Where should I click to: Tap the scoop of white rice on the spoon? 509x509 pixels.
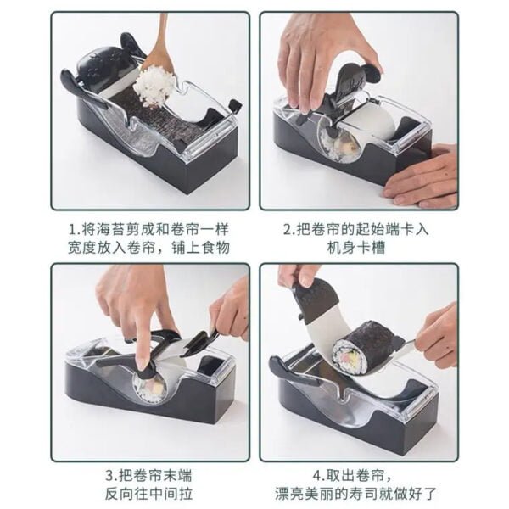click(x=156, y=85)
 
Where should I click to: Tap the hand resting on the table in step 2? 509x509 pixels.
click(x=424, y=178)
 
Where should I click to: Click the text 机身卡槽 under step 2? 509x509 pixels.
click(x=359, y=247)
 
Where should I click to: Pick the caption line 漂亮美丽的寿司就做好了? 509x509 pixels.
click(x=358, y=493)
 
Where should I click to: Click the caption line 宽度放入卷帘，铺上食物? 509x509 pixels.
click(x=149, y=247)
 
